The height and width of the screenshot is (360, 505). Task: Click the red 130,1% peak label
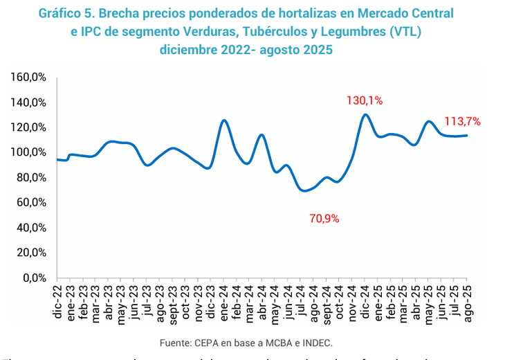click(x=365, y=100)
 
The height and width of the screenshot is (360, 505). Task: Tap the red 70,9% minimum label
click(x=324, y=219)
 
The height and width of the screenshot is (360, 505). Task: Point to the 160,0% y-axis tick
click(x=29, y=77)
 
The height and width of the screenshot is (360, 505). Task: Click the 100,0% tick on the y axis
click(x=29, y=152)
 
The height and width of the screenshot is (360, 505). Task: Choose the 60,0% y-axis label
click(x=32, y=203)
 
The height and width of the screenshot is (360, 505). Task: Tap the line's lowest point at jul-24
click(x=304, y=190)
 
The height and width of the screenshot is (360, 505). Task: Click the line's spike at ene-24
click(x=224, y=120)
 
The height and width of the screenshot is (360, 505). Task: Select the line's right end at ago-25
click(x=467, y=135)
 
